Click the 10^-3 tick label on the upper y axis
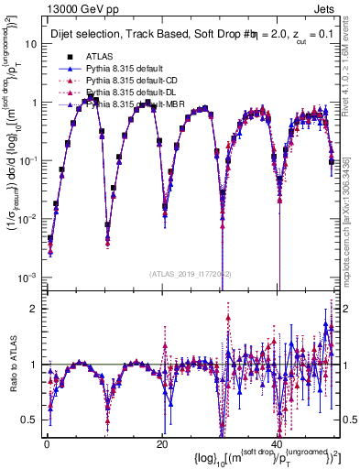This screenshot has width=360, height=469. coord(26,277)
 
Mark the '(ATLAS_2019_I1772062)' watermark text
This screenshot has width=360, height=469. coord(190,274)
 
